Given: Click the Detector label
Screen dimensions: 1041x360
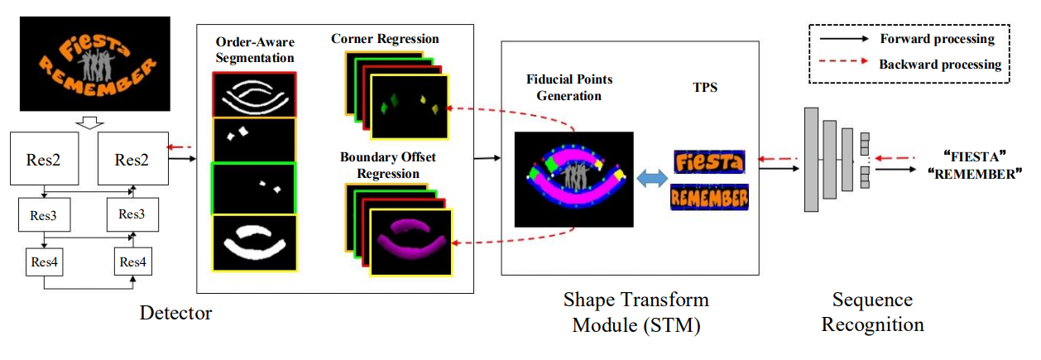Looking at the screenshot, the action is pyautogui.click(x=175, y=313).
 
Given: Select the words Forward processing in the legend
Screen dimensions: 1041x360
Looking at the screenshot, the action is pyautogui.click(x=937, y=39).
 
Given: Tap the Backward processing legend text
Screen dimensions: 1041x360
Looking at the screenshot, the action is pyautogui.click(x=940, y=64).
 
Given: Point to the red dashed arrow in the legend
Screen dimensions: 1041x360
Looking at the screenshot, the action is pyautogui.click(x=843, y=61).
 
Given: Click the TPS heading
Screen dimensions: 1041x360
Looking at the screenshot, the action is pyautogui.click(x=705, y=88).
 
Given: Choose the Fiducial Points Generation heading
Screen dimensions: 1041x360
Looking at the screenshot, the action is pyautogui.click(x=569, y=88).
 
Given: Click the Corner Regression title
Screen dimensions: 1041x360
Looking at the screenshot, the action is pyautogui.click(x=385, y=39).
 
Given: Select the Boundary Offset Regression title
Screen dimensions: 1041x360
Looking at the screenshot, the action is pyautogui.click(x=388, y=165).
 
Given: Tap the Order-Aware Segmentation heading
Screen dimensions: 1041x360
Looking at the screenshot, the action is pyautogui.click(x=255, y=50).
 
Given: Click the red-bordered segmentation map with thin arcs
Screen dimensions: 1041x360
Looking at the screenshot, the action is pyautogui.click(x=254, y=95).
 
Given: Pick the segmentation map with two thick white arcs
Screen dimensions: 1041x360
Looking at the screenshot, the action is pyautogui.click(x=254, y=243).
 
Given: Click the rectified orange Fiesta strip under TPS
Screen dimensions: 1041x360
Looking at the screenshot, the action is pyautogui.click(x=710, y=162).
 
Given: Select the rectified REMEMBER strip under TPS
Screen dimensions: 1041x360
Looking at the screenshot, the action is pyautogui.click(x=710, y=198).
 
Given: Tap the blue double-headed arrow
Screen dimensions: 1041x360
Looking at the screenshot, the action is pyautogui.click(x=652, y=179).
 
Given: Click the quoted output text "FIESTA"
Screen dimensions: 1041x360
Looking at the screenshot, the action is pyautogui.click(x=975, y=156).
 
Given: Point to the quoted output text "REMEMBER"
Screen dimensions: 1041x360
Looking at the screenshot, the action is pyautogui.click(x=975, y=174).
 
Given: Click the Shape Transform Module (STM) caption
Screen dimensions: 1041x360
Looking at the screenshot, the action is pyautogui.click(x=636, y=312).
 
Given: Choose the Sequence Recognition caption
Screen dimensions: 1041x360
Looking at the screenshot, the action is pyautogui.click(x=872, y=312).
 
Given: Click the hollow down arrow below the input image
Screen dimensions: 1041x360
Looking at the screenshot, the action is pyautogui.click(x=89, y=122).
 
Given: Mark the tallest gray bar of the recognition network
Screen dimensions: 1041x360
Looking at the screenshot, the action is pyautogui.click(x=812, y=160).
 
